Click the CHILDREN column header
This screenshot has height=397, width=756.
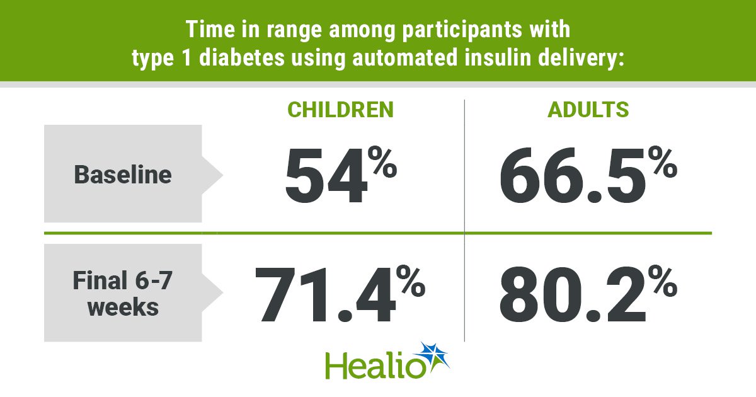pos(340,110)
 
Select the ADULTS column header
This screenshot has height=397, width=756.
pos(588,110)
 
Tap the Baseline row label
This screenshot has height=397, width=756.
pos(123,174)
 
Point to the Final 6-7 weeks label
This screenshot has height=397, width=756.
pos(123,293)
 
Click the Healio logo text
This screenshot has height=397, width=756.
pos(375,365)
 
